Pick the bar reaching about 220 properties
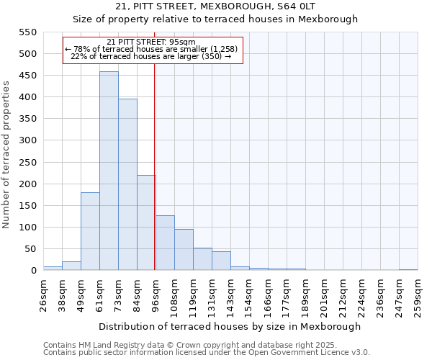click(x=146, y=223)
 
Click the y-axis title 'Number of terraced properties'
click(x=7, y=155)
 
